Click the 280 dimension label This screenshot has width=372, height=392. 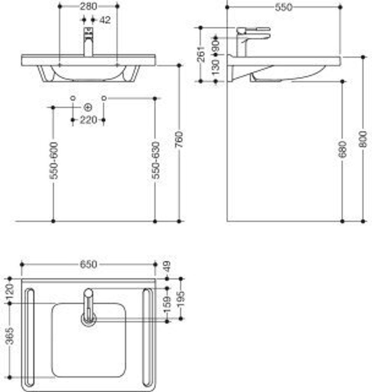pos(88,6)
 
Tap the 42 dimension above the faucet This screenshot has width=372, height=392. pos(104,20)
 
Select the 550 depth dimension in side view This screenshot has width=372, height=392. pos(284,7)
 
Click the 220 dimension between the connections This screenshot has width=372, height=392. pos(88,120)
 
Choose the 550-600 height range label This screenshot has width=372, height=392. pos(54,160)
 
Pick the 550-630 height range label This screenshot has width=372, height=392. pos(155,160)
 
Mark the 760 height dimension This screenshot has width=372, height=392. pos(180,140)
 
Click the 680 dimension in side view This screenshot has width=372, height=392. pos(342,150)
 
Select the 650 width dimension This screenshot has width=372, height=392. pos(88,265)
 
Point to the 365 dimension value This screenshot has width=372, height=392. pos(10,336)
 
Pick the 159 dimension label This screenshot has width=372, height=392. pos(167,304)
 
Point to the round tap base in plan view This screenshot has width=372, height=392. pos(88,318)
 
